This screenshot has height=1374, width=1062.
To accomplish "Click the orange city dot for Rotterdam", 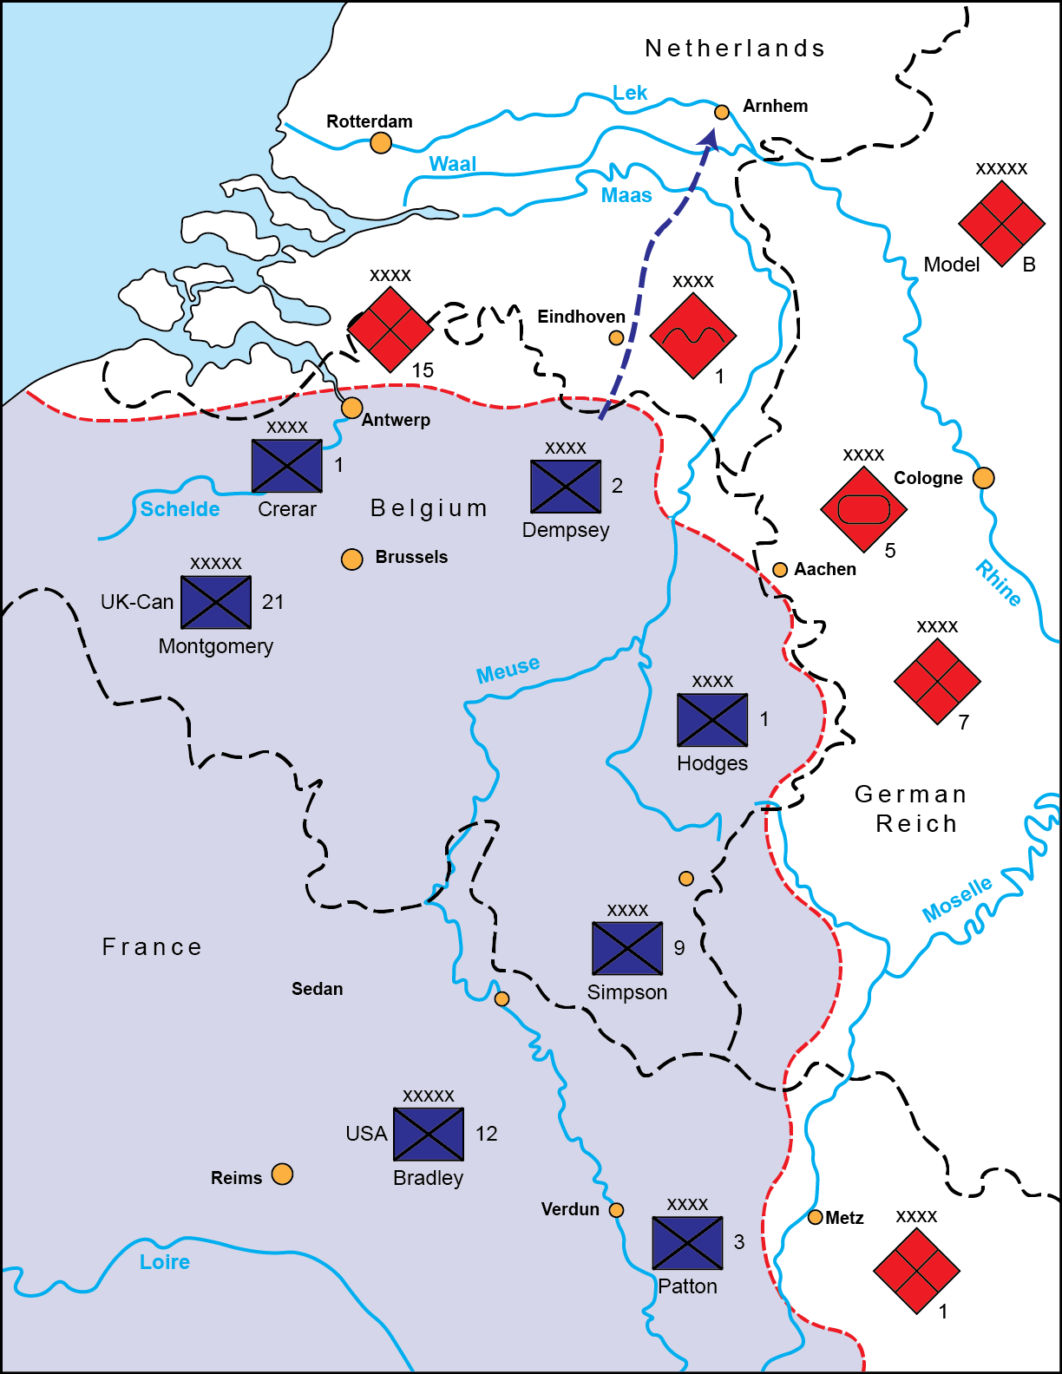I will [380, 143].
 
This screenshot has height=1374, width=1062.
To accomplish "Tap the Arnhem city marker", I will [721, 112].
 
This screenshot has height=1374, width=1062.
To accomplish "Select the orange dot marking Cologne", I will [983, 478].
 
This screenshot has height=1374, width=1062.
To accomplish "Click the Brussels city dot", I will [351, 559].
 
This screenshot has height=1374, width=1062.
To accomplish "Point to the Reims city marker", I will [282, 1174].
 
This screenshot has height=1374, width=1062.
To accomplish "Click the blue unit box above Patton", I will [687, 1243].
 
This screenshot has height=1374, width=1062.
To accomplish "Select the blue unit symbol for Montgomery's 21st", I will [216, 602].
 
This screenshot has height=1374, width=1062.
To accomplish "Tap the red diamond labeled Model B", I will [1001, 223].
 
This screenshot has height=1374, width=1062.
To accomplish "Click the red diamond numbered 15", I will [390, 330].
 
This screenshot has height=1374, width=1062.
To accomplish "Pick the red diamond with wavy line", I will [692, 336].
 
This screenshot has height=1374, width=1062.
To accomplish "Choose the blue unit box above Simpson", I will [627, 948].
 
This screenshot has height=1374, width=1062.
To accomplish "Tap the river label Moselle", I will [956, 900].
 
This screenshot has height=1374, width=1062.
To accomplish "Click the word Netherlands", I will [734, 49].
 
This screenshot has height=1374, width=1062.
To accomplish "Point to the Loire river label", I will [165, 1262].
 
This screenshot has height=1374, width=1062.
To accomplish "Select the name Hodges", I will [712, 763].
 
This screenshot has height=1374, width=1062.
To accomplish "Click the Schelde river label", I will [180, 509].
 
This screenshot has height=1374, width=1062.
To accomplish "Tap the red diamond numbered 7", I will [937, 681].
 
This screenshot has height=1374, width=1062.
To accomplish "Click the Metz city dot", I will [815, 1217].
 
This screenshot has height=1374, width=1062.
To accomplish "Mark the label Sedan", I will [317, 989].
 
